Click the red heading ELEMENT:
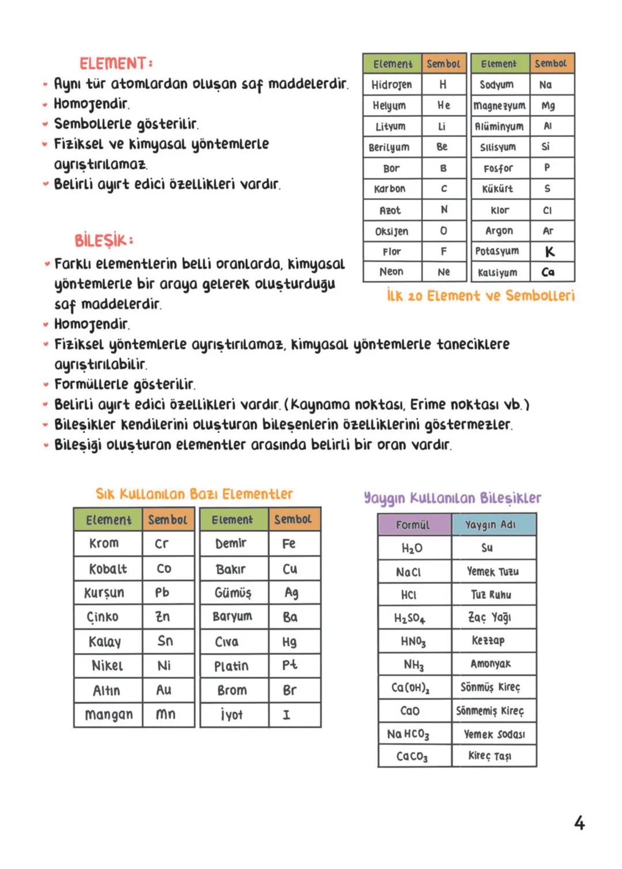tap(116, 63)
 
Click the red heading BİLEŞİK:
tap(104, 240)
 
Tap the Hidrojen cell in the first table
tap(392, 85)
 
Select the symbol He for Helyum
tap(443, 105)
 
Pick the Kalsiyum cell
tap(499, 272)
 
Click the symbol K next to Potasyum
tap(549, 252)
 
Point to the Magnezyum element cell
tap(499, 106)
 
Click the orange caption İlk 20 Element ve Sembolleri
tap(480, 296)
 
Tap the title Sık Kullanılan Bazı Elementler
tap(194, 494)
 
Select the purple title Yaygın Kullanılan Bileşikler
tap(452, 498)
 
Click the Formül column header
tap(413, 525)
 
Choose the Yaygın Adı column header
tap(491, 525)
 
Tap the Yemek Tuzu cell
tap(492, 572)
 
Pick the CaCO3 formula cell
tap(412, 757)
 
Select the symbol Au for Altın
tap(164, 690)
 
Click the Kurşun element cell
tap(104, 593)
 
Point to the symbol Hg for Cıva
tap(290, 642)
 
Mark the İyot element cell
tap(232, 715)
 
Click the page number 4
tap(579, 823)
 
